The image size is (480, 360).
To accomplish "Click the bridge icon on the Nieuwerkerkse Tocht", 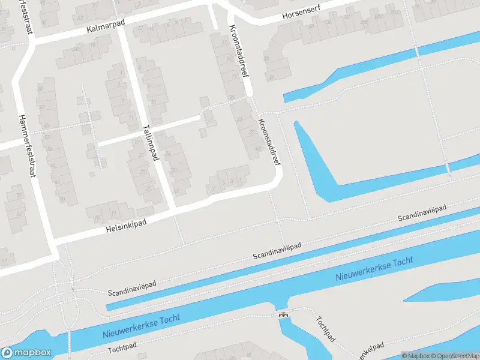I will [x=282, y=314].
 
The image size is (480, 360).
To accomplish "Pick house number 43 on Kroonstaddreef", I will [x=258, y=148].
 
